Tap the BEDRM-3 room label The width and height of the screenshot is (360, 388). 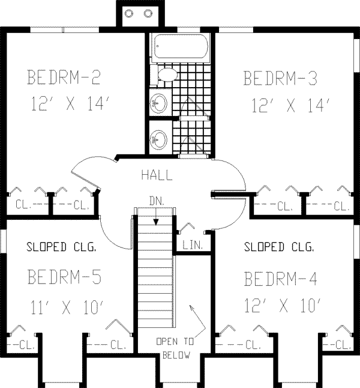pos(280,79)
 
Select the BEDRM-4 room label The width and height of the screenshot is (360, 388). pos(280,279)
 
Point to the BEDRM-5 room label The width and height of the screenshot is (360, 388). pos(64,277)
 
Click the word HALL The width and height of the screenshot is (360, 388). pos(157,175)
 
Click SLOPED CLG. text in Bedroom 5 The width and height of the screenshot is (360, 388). pos(61,246)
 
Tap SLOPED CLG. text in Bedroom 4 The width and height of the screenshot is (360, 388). pos(278,246)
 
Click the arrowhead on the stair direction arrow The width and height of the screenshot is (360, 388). pos(155,222)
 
